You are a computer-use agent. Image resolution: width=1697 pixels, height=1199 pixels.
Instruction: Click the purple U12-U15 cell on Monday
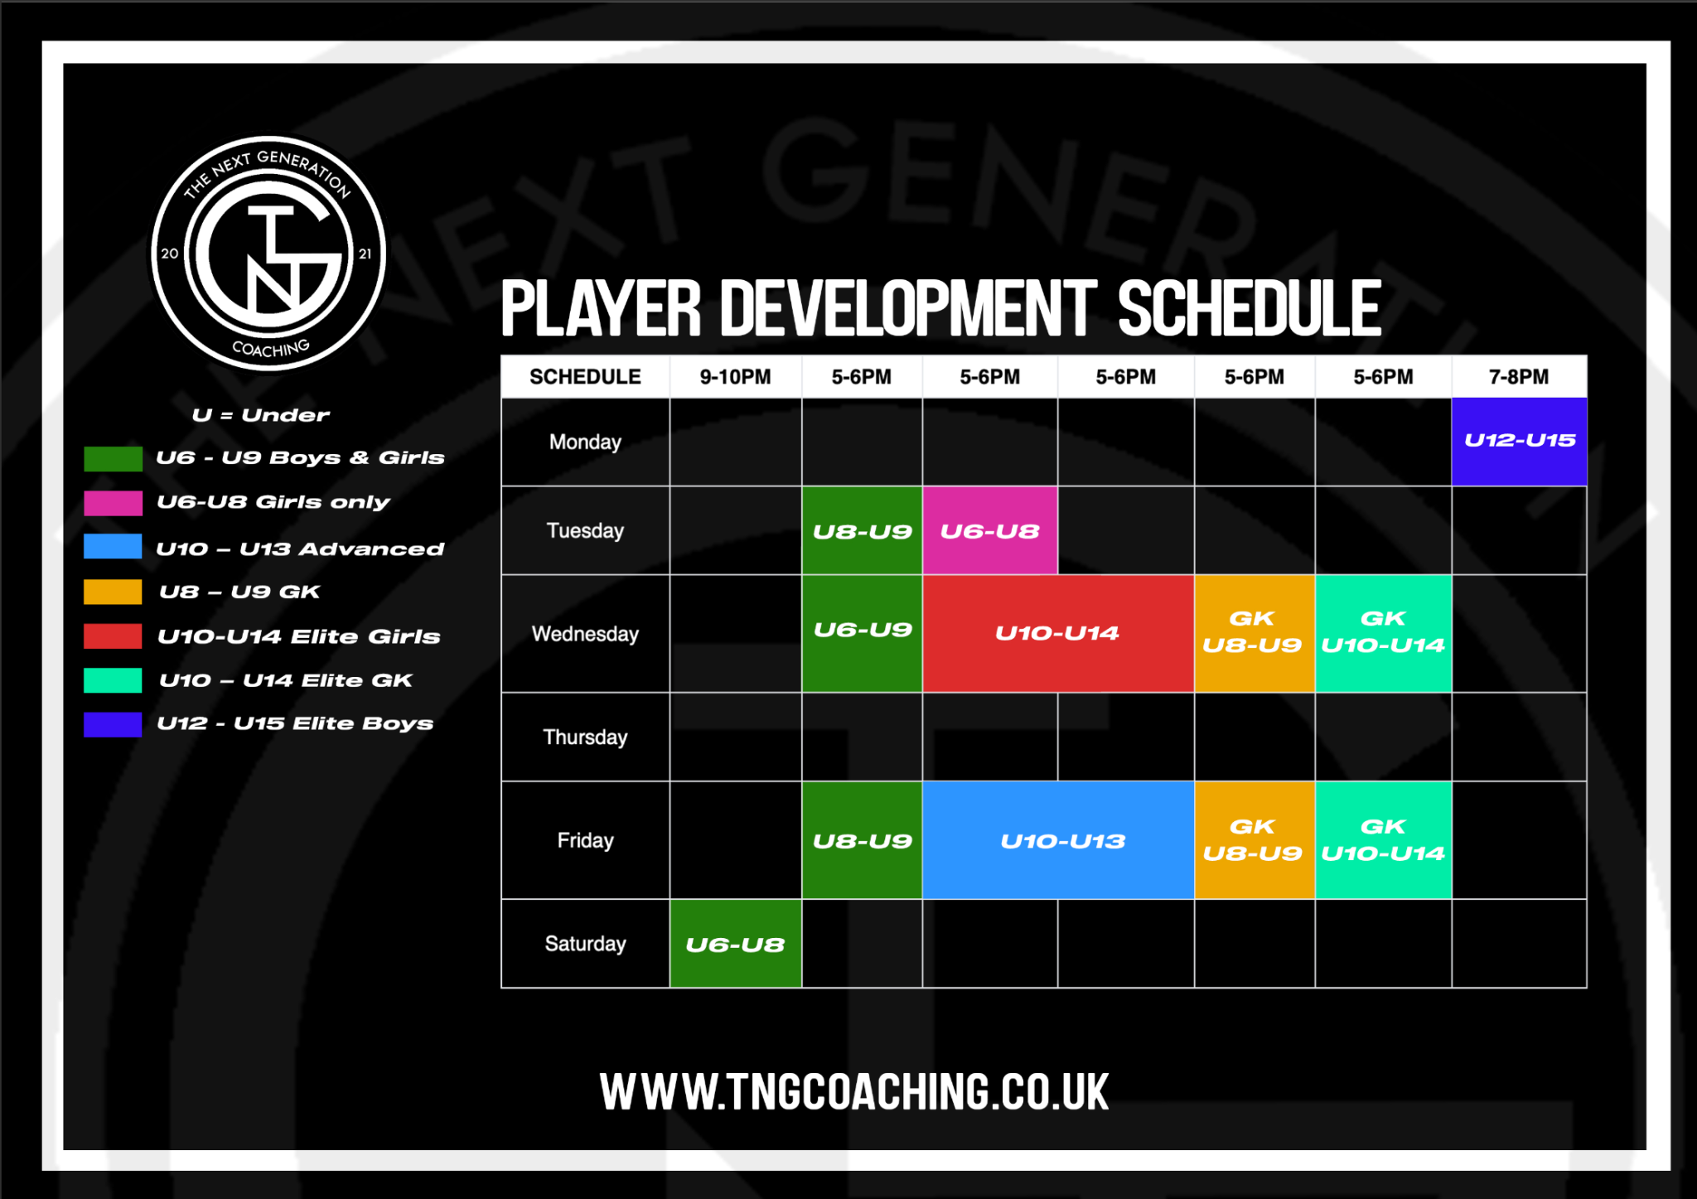1519,441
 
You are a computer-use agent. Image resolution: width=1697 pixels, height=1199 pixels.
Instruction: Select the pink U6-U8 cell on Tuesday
989,530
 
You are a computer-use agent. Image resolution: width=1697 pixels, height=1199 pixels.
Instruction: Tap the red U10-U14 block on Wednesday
1057,633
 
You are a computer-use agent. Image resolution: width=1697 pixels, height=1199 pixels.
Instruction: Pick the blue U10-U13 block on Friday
1058,840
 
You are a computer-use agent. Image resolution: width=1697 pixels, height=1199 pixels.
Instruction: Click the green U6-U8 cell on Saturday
735,944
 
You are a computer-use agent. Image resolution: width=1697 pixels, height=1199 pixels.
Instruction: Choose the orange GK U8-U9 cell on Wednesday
1253,633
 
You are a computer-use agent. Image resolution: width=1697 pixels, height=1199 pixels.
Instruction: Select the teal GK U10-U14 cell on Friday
1383,840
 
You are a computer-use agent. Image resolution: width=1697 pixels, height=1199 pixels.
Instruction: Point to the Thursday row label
585,737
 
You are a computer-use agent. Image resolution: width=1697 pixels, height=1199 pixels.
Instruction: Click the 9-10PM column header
735,377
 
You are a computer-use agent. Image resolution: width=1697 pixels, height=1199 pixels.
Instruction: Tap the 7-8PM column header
1519,377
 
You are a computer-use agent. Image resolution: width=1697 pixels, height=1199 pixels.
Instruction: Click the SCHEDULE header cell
585,377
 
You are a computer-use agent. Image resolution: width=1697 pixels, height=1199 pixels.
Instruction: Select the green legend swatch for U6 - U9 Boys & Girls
113,458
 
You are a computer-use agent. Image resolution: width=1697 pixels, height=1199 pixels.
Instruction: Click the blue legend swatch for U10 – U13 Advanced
113,547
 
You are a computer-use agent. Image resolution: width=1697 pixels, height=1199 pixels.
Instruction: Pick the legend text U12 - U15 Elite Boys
295,723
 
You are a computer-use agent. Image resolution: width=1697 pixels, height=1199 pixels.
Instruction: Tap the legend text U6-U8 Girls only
273,502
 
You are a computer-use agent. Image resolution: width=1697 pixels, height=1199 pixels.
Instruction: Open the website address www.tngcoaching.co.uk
854,1092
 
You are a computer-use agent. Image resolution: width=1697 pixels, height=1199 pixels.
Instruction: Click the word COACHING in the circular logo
271,348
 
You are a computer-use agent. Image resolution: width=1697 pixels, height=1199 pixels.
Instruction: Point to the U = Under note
260,415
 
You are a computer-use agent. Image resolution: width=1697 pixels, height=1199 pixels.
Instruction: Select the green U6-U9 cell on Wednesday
862,633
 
